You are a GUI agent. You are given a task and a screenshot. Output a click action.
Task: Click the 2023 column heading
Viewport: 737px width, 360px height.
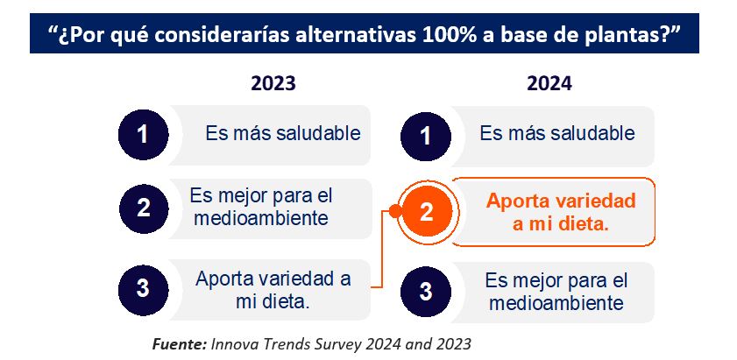(x=273, y=84)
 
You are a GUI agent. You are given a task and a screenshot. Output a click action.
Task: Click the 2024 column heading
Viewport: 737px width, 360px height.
(x=549, y=84)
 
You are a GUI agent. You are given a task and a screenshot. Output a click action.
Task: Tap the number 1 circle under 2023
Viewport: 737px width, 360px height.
(x=143, y=135)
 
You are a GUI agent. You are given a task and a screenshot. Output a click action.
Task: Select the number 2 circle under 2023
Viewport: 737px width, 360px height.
(x=144, y=208)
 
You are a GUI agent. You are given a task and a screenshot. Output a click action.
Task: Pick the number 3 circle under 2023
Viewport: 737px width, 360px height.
(x=143, y=289)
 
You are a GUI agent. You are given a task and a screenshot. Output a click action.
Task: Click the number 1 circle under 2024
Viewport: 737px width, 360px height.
(x=425, y=137)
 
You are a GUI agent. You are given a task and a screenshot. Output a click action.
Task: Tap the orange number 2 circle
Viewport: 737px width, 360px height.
(x=426, y=211)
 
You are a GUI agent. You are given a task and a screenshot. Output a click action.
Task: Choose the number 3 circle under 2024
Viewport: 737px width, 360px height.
(x=425, y=292)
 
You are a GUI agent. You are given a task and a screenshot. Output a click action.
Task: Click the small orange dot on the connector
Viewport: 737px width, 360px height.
(x=395, y=211)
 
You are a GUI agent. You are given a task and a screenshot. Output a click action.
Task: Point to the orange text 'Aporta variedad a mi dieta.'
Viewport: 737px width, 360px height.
(x=561, y=213)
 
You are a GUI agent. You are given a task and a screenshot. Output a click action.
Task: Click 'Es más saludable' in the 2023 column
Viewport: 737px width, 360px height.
(x=283, y=133)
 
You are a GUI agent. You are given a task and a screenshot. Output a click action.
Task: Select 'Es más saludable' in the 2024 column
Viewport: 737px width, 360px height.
(x=557, y=133)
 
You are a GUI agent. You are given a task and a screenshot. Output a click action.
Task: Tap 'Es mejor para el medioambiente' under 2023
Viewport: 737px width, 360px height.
(x=261, y=207)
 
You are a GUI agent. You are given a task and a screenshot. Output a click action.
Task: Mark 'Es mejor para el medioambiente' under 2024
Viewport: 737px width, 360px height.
(x=556, y=292)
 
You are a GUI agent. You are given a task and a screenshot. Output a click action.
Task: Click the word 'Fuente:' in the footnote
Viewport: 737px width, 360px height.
(x=179, y=344)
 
